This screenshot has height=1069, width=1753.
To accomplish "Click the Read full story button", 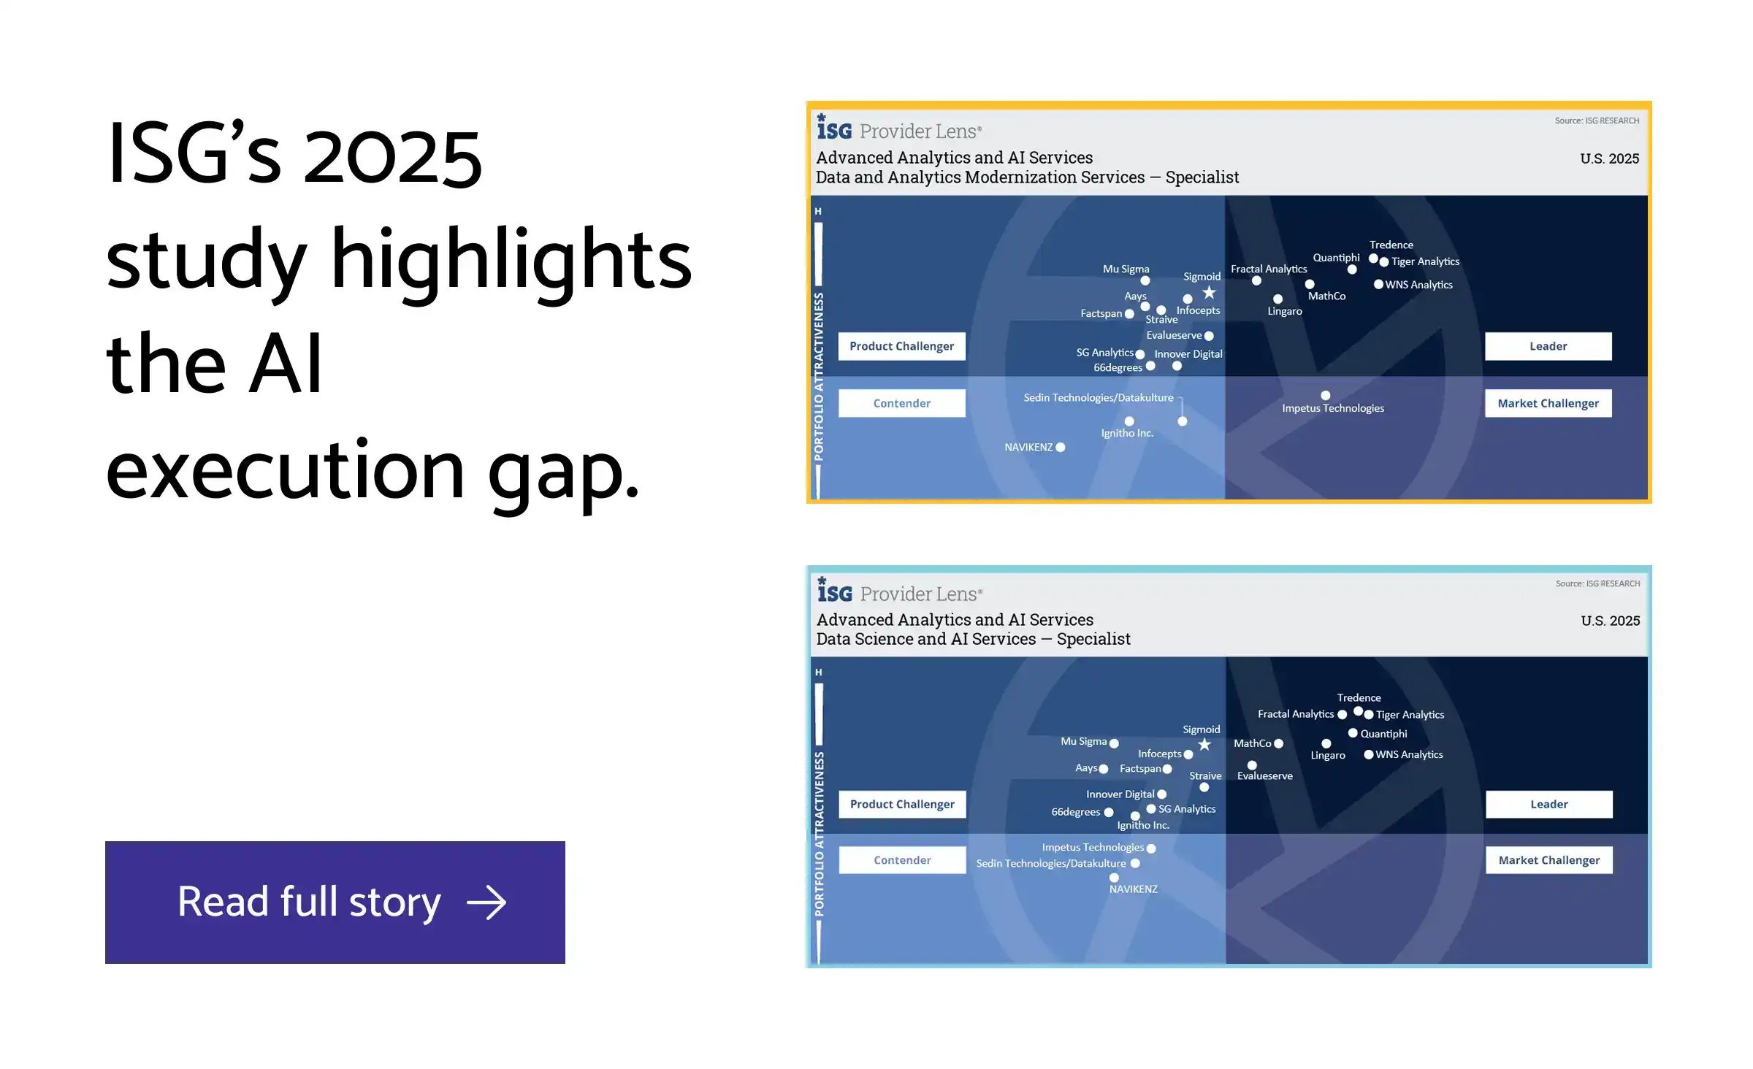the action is (x=335, y=902).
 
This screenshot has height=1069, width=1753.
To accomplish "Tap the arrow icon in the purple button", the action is (x=486, y=903).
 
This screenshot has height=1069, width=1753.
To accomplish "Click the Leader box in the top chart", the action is (x=1548, y=346).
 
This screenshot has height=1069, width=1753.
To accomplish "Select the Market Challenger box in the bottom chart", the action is (x=1548, y=860).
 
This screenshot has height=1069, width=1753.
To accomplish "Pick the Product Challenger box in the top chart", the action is (x=901, y=346).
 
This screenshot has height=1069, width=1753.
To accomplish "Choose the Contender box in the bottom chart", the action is (x=902, y=860).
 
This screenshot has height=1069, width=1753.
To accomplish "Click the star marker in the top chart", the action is (x=1210, y=292).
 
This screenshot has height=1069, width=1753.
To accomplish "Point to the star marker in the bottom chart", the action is (x=1204, y=744).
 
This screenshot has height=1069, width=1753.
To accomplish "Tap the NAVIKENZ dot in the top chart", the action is (x=1061, y=448).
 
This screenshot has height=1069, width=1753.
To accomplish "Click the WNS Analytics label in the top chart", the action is (x=1418, y=285).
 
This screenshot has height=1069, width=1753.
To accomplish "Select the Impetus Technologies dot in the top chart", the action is (x=1326, y=396).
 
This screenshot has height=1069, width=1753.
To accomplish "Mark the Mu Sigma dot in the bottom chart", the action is (x=1114, y=743).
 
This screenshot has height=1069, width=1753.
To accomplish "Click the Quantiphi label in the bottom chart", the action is (x=1383, y=734).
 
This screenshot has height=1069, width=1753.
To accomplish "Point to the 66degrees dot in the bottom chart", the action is (x=1109, y=812).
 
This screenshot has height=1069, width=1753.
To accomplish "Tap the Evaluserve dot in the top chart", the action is (x=1209, y=336).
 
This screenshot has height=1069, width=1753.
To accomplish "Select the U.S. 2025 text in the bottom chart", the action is (x=1611, y=621).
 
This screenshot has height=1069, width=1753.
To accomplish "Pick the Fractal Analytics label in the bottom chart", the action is (x=1296, y=714).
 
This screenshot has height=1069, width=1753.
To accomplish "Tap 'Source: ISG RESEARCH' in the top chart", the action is (x=1597, y=120).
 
